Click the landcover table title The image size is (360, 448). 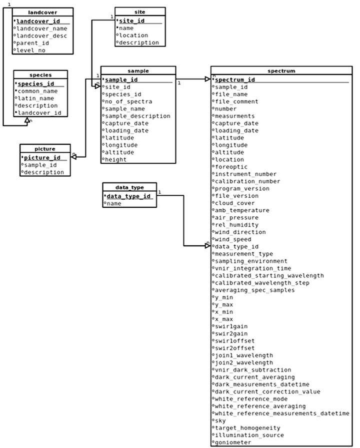point(42,13)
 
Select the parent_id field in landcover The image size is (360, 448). point(32,43)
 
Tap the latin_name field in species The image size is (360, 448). point(35,98)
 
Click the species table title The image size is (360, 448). point(40,75)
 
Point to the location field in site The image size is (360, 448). point(133,36)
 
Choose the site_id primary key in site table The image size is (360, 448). point(131,21)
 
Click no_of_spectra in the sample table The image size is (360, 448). point(128,102)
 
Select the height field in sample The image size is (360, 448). point(115,160)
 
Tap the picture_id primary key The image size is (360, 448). point(42,158)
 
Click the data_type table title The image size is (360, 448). point(129,187)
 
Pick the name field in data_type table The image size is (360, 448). point(113,204)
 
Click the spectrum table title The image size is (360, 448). point(281,71)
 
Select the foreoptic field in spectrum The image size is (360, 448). point(231,167)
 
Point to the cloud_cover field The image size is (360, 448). point(234,203)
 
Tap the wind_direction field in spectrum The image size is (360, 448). point(240,232)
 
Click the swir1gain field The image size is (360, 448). point(231,326)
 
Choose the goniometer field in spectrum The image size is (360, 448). point(232,442)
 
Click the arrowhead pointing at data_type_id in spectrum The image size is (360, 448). point(208,246)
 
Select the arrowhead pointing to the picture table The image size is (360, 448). point(73,157)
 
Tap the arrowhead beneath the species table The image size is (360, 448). point(27,120)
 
